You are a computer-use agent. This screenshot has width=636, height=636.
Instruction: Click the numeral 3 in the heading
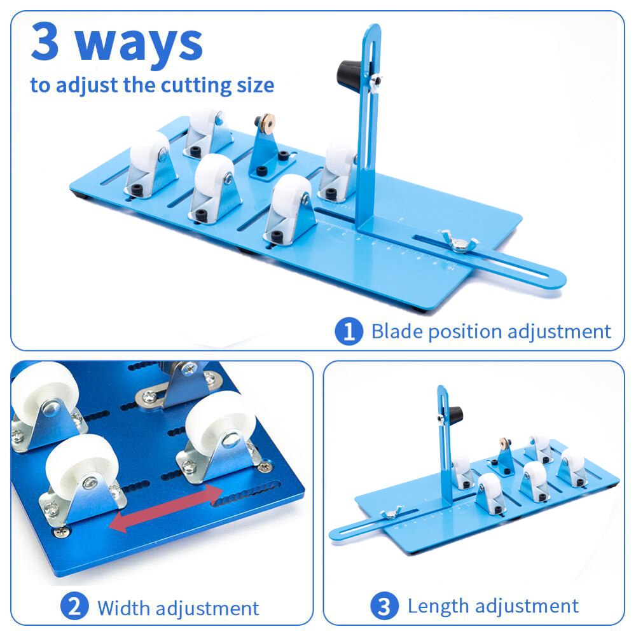coord(45,42)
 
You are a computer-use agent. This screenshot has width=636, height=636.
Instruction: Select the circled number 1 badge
coord(349,331)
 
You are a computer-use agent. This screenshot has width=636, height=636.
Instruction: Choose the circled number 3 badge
coord(384,605)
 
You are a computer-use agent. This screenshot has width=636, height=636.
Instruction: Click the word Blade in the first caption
coord(397,331)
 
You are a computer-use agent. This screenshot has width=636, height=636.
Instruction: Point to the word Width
coord(124,608)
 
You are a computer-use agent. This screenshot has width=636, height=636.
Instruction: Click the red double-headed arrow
coord(166,508)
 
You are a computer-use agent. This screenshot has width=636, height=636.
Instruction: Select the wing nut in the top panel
coord(459,241)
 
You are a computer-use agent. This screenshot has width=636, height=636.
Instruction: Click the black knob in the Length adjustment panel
coord(455,414)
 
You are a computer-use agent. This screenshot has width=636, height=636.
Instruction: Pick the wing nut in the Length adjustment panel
coord(391,513)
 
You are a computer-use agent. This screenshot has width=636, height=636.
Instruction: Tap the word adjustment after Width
coord(208,609)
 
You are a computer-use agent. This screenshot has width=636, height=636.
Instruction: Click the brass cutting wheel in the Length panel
coord(504,443)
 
